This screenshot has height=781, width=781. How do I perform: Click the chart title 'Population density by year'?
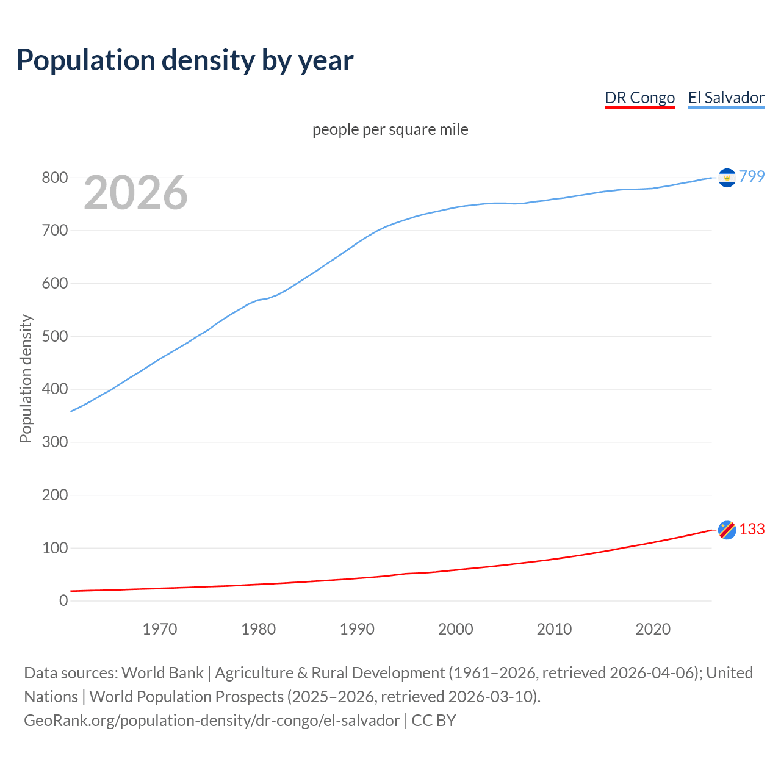point(185,60)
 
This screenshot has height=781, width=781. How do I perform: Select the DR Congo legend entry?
point(639,98)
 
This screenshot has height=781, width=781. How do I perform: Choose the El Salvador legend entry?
point(726,98)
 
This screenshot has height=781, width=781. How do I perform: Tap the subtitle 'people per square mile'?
point(390,129)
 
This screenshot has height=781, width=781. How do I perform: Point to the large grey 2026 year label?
point(135,193)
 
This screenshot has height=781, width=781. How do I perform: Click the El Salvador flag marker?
point(727,177)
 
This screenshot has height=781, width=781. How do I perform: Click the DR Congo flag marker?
point(727,530)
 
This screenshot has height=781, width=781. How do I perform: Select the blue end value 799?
point(752,176)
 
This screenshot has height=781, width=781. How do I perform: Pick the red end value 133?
point(752,529)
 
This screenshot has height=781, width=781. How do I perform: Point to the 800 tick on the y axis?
point(54,178)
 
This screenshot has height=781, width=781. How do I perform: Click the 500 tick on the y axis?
point(54,336)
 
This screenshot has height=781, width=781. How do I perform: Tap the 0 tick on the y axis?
point(63,600)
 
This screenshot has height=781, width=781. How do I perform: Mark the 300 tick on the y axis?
point(54,442)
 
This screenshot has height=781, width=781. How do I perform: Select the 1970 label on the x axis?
point(160,629)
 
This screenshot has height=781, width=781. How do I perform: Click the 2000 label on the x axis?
point(456,629)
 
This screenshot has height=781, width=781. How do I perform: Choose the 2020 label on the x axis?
point(653,629)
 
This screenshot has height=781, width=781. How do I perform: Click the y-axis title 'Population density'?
point(26,378)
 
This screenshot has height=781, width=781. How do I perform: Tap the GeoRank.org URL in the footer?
point(212,721)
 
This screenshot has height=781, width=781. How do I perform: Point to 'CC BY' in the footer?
point(434,721)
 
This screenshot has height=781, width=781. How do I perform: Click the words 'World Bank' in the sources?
point(162,673)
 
